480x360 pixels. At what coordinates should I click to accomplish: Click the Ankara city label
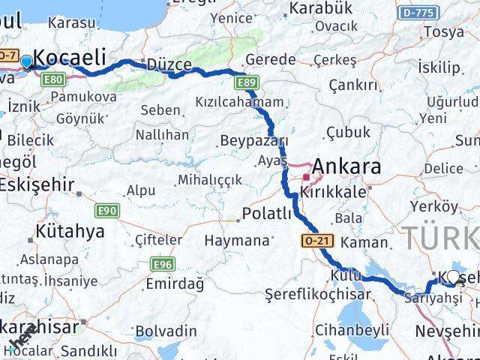point(346,166)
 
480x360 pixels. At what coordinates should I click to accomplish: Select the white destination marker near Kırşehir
point(453,277)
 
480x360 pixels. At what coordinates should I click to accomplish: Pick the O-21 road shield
point(316,240)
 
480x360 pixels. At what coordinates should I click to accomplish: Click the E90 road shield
point(108,211)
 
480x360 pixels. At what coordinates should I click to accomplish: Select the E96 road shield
point(163,264)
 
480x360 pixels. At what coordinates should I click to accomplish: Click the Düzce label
point(170,64)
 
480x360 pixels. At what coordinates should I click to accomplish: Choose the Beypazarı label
point(253,140)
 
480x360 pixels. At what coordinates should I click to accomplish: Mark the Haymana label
point(236,241)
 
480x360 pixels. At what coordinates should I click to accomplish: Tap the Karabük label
point(320,8)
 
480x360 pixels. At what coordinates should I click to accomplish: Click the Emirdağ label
point(175,283)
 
